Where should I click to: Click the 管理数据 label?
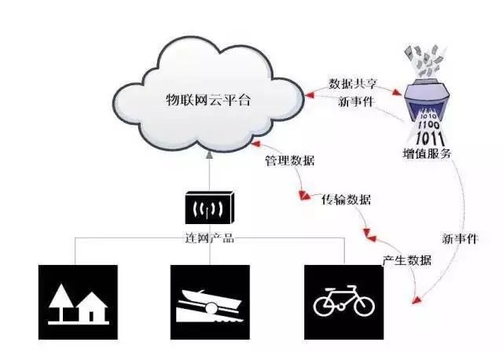289,161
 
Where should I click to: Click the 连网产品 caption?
209,237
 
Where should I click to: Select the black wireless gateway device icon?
209,209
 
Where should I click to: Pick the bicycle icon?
344,303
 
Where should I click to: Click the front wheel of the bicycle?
362,307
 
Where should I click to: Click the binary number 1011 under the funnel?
428,136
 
